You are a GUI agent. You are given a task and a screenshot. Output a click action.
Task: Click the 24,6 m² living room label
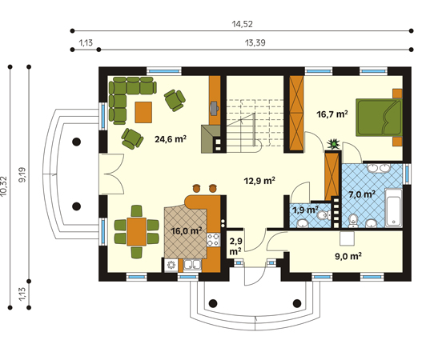tap(171, 139)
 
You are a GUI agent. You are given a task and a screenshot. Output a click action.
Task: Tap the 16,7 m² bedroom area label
tap(332, 114)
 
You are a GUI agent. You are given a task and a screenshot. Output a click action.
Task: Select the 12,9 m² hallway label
tap(259, 181)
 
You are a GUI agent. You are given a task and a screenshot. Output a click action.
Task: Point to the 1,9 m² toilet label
tap(305, 210)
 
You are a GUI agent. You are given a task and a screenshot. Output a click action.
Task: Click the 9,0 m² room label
tap(348, 256)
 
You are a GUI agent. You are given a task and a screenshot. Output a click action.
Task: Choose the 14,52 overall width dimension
tap(242, 24)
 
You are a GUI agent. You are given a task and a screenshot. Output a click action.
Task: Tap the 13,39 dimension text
tap(255, 42)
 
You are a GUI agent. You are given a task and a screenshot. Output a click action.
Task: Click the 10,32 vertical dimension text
tap(3, 186)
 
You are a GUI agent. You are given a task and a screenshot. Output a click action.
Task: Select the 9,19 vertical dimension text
tap(22, 174)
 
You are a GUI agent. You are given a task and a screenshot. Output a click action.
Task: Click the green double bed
tap(379, 118)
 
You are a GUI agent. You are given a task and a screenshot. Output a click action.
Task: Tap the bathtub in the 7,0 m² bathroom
tap(393, 208)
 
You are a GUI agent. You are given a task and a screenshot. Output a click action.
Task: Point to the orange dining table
tap(136, 231)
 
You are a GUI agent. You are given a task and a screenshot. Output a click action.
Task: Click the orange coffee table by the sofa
tap(143, 112)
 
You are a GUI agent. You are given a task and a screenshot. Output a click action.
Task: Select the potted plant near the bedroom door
tap(334, 144)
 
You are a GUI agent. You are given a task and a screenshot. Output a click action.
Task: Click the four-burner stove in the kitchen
tap(213, 240)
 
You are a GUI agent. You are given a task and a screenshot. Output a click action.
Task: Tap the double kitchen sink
tap(192, 265)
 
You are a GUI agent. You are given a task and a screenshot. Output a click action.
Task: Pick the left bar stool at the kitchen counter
tap(196, 188)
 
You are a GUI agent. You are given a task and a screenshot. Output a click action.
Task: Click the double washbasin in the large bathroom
tap(379, 168)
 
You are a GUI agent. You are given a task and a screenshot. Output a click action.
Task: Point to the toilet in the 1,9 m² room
tap(323, 215)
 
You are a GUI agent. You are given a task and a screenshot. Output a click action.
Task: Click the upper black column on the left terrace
tap(77, 142)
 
